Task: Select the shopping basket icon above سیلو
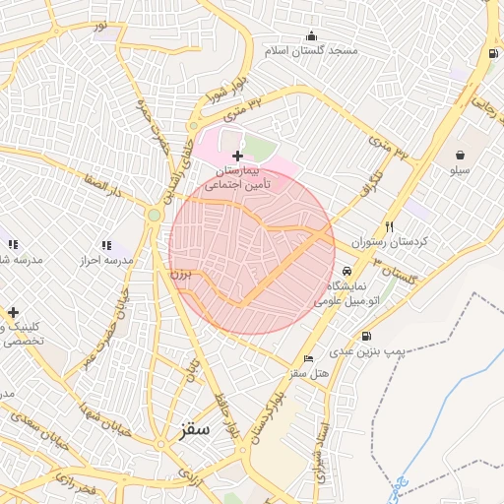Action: tap(460, 155)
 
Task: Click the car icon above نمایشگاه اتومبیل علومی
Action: tap(346, 272)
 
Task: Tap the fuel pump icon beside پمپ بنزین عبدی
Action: tap(367, 334)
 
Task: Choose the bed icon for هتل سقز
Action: tap(309, 358)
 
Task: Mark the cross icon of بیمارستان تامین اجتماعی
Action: tap(237, 156)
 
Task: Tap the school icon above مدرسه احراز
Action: tap(106, 245)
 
